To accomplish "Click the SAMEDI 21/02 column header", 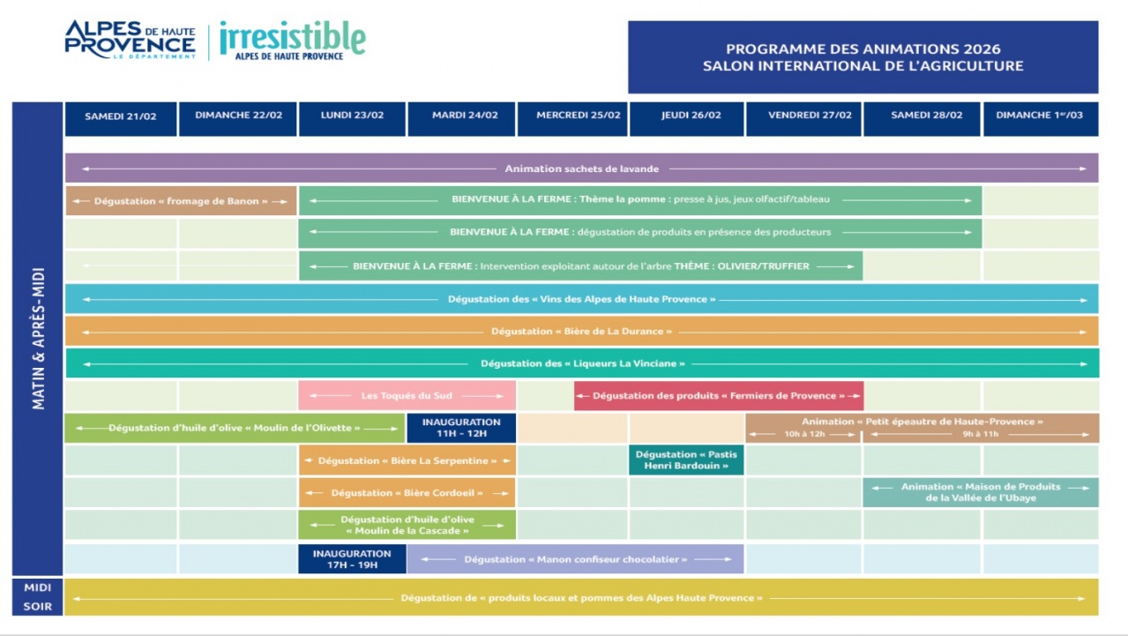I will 120,116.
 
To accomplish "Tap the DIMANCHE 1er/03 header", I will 1040,116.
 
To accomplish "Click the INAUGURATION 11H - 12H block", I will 460,428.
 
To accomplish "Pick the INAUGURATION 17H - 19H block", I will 351,559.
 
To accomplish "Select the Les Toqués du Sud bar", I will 407,395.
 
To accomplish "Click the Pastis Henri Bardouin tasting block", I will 686,460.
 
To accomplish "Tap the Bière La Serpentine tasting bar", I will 407,460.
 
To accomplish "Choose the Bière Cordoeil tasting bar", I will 407,492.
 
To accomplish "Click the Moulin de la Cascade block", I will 407,525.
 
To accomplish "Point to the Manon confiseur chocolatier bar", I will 575,559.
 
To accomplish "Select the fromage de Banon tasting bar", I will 181,201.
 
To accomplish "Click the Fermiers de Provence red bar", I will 718,395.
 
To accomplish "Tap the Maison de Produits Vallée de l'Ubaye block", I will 980,492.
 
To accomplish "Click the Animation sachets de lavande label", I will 581,168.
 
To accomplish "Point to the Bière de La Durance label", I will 581,332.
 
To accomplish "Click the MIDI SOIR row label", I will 38,597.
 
